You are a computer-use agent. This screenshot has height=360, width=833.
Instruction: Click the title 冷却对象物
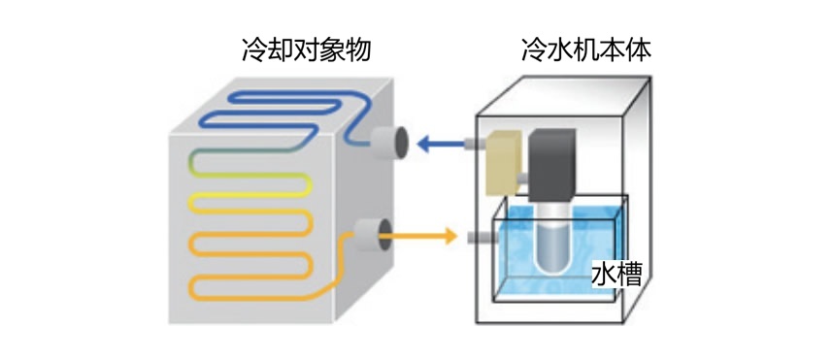coord(306,49)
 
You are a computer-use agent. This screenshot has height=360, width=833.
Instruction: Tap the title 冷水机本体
coord(585,49)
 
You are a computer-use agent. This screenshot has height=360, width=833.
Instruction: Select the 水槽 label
coord(616,275)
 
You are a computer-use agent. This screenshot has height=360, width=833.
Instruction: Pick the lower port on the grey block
coord(370,235)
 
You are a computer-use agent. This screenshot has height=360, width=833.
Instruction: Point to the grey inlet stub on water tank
coord(480,237)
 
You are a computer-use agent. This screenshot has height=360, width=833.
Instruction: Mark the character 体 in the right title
coord(638,49)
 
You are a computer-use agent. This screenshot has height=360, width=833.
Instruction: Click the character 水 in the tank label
coord(604,275)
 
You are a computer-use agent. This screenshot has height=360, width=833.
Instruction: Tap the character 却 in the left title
coord(281,49)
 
